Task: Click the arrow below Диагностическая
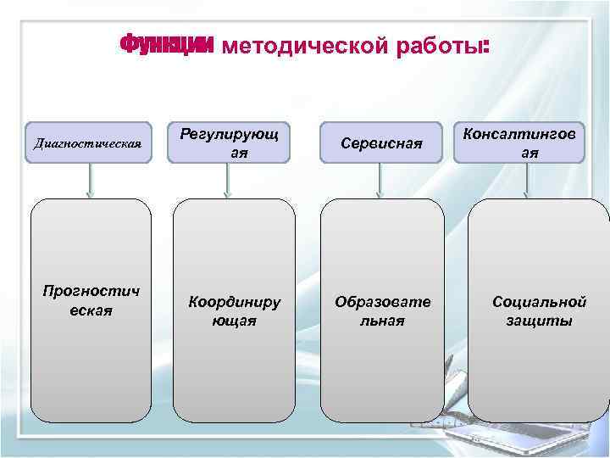[x=89, y=180]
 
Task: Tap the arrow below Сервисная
[x=380, y=180]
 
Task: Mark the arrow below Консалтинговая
[x=529, y=180]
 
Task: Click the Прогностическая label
[x=90, y=301]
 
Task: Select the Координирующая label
[x=234, y=310]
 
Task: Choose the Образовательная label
[x=381, y=310]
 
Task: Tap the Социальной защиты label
[x=540, y=310]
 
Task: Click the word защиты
[x=540, y=321]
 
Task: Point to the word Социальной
[x=540, y=301]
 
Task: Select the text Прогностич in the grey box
[x=90, y=292]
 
